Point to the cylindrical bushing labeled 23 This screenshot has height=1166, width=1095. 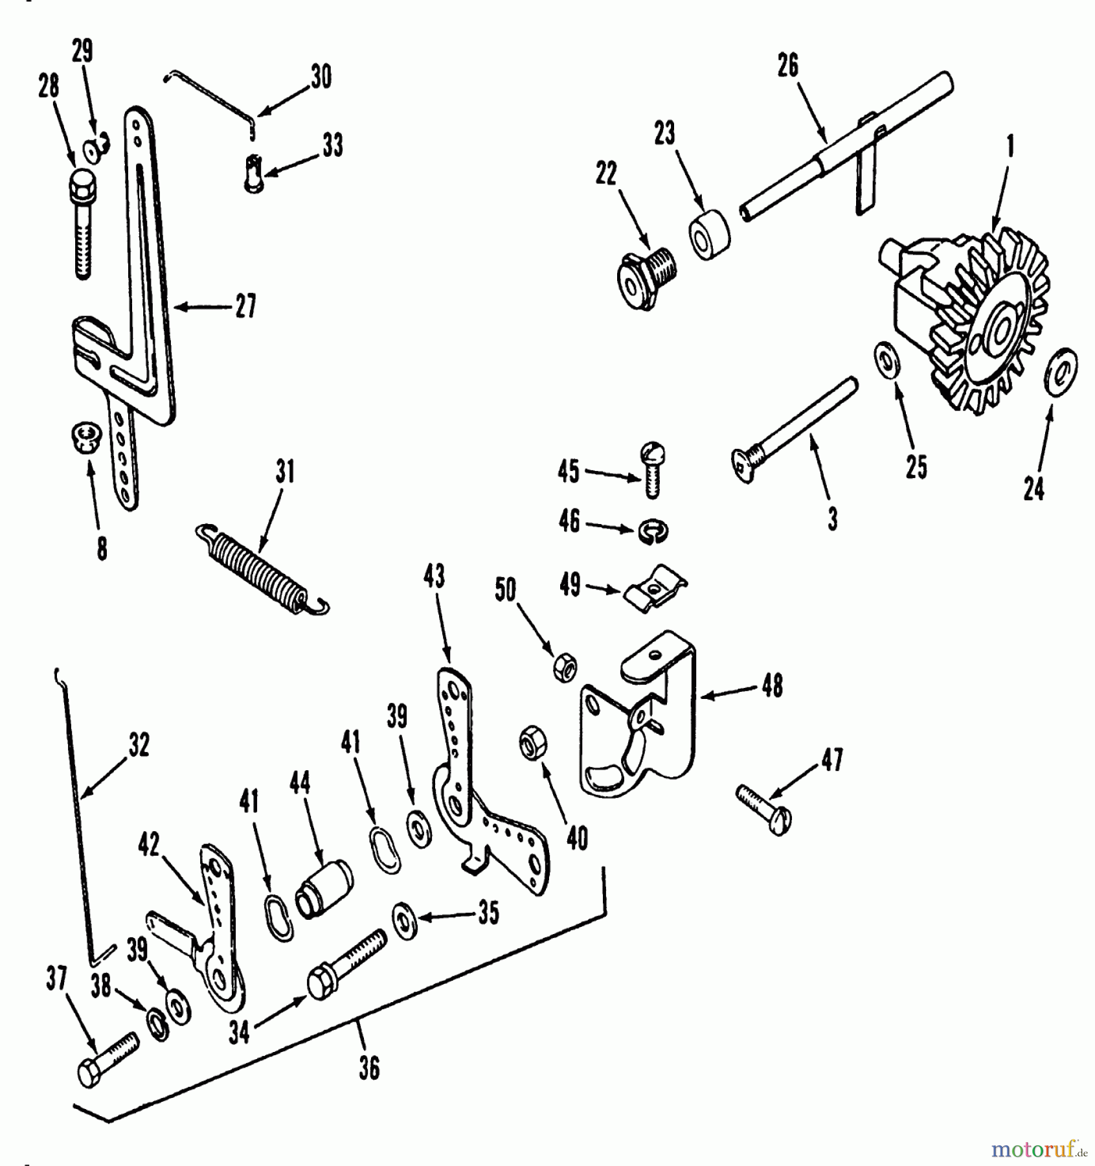[x=708, y=236]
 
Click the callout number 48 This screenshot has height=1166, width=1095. [x=773, y=686]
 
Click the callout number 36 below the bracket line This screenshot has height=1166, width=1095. [x=369, y=1068]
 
